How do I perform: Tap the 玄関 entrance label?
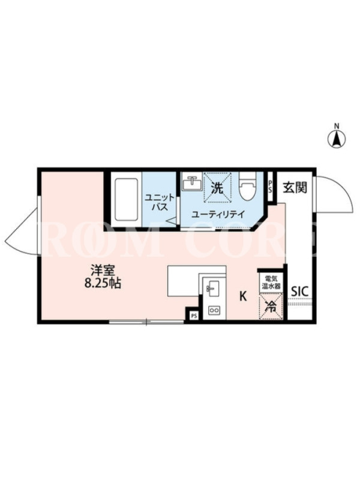295,187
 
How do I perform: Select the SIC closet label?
299,292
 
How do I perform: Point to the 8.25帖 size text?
103,284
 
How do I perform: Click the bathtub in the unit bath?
126,200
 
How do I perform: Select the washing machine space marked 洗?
217,188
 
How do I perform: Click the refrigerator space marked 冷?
271,306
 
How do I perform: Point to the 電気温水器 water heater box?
270,283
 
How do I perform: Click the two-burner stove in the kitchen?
214,310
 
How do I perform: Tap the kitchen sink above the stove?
212,289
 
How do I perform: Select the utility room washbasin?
191,183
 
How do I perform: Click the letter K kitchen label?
243,296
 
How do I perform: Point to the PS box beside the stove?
194,316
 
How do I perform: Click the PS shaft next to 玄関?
270,186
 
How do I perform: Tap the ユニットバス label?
160,202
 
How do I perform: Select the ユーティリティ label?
218,214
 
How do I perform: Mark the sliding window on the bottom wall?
146,322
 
